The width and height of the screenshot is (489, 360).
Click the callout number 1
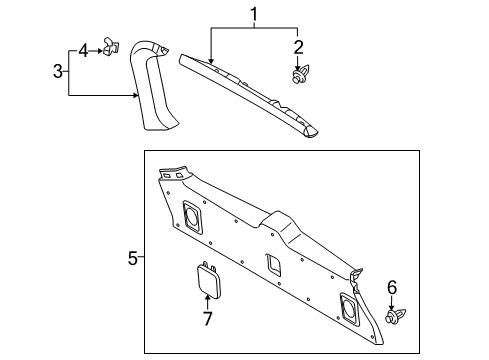pyautogui.click(x=254, y=14)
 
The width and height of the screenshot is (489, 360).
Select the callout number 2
pyautogui.click(x=297, y=45)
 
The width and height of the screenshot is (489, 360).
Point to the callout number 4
pyautogui.click(x=84, y=48)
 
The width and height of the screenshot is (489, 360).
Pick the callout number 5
pyautogui.click(x=132, y=257)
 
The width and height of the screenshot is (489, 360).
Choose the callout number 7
pyautogui.click(x=207, y=319)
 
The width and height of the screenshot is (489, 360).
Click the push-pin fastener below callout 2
pyautogui.click(x=297, y=75)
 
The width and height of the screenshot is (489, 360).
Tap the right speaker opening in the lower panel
pyautogui.click(x=352, y=307)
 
